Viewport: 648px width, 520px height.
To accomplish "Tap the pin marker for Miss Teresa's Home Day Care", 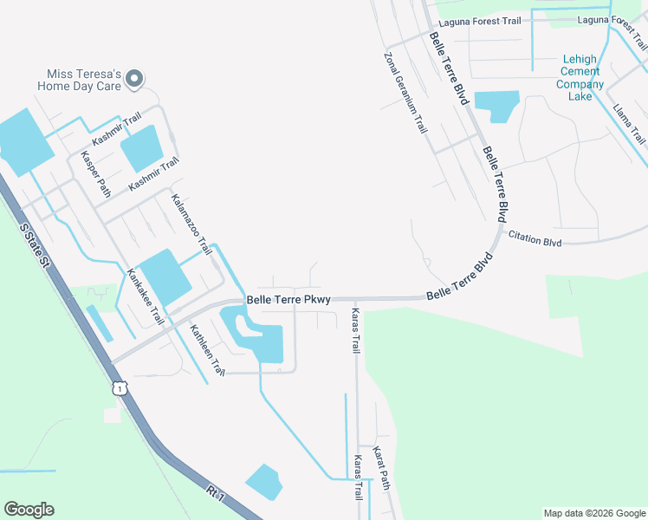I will (134, 80).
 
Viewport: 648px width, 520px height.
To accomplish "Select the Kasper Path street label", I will (95, 174).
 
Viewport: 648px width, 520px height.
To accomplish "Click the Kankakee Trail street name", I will (145, 296).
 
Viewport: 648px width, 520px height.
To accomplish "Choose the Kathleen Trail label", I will (207, 349).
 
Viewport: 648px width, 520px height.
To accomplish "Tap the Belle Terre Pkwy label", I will (288, 300).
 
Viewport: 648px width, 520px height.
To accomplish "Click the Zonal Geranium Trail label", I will (405, 92).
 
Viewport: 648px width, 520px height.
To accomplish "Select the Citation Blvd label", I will (535, 236).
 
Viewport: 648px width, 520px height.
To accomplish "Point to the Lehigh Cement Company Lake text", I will (580, 78).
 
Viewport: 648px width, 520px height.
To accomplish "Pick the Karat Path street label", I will (380, 468).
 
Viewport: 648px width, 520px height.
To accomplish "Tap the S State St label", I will (34, 249).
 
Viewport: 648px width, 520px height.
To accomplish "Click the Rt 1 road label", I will (217, 496).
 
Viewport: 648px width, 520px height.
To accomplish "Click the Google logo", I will (29, 510).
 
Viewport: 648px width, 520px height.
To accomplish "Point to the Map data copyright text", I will (593, 513).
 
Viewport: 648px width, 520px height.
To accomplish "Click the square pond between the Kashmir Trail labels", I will (141, 148).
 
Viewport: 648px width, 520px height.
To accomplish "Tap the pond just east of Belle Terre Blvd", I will (496, 107).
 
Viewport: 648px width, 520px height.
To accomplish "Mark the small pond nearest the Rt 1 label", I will (263, 481).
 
